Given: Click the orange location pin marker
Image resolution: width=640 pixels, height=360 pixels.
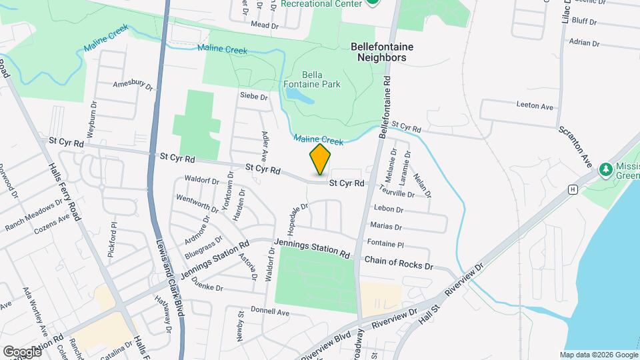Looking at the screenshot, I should click(x=321, y=159).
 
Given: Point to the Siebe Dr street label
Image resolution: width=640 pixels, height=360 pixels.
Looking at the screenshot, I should click(x=253, y=97).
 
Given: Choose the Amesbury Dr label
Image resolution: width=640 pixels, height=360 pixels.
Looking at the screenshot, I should click(x=133, y=85).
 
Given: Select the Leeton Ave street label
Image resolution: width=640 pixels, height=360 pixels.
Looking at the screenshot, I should click(x=535, y=106).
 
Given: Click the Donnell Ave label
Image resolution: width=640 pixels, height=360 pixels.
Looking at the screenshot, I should click(x=269, y=311).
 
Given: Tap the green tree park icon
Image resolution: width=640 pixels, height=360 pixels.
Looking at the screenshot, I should click(x=606, y=169).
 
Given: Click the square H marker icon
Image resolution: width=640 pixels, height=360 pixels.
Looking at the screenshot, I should click(x=571, y=189).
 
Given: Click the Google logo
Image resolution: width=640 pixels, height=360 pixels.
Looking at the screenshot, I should click(x=22, y=351).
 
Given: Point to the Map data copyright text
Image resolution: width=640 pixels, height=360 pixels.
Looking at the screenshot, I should click(x=598, y=355).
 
